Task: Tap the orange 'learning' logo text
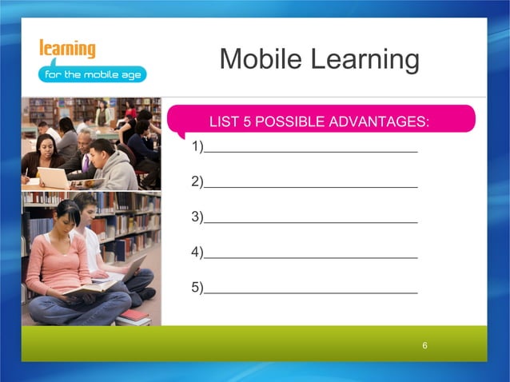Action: click(x=67, y=48)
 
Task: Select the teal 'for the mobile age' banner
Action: click(x=92, y=74)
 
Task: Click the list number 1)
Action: click(x=197, y=147)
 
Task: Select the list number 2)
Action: click(x=197, y=181)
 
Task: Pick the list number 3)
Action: click(x=197, y=217)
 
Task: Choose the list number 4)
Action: click(x=197, y=252)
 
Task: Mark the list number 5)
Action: click(x=197, y=287)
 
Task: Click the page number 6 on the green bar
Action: click(x=425, y=345)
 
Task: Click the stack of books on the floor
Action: click(x=134, y=317)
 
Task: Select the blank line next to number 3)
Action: click(x=310, y=220)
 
